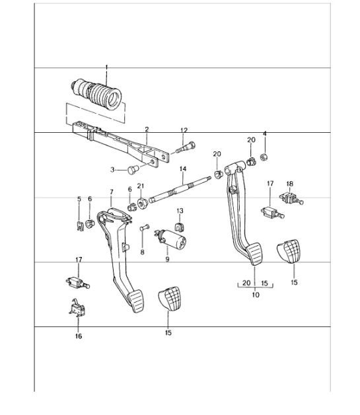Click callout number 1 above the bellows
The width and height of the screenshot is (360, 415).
point(106,67)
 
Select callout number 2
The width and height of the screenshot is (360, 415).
point(147,130)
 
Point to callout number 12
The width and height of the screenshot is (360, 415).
point(184,130)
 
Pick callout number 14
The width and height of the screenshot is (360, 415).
point(182,169)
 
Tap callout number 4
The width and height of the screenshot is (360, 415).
point(264,134)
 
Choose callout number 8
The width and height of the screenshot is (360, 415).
point(141,252)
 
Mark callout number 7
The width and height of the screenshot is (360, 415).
point(111,192)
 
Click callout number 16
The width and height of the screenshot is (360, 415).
point(78,336)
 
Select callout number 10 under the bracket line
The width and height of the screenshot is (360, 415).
point(256,295)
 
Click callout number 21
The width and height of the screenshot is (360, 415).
point(140,186)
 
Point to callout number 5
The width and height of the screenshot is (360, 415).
point(79,199)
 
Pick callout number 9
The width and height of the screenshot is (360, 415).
point(167,260)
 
